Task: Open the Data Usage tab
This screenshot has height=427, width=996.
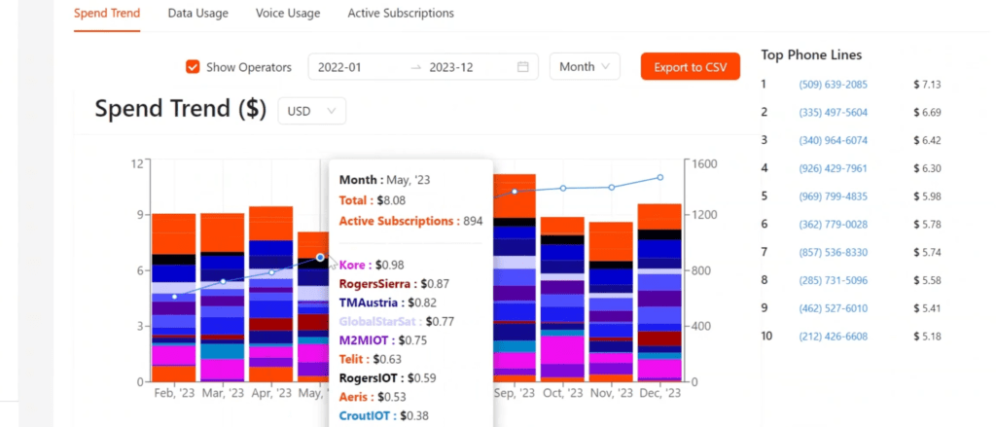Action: coord(197,13)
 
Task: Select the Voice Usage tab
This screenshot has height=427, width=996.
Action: coord(288,13)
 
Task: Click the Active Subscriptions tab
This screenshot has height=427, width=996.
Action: coord(401,13)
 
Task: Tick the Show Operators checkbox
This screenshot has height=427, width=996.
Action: coord(193,67)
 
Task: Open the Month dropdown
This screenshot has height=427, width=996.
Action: coord(585,66)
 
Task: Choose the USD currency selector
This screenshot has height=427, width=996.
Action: coord(312,111)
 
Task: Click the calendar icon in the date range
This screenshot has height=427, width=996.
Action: coord(522,67)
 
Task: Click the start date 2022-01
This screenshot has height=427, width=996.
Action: coord(339,67)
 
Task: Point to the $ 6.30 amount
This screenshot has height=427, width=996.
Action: coord(927,168)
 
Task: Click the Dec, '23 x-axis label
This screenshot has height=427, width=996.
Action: coord(660,393)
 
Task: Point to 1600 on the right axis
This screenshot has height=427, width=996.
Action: coord(703,163)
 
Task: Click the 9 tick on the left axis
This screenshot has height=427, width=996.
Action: coord(140,215)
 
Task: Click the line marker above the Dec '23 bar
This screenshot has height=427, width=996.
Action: coord(660,177)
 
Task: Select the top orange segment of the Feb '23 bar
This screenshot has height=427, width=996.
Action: coord(174,233)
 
